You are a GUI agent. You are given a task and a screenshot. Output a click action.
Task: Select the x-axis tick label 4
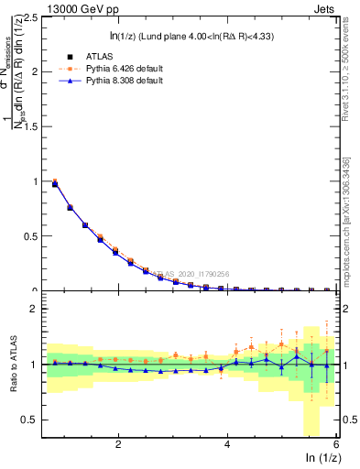coord(227,444)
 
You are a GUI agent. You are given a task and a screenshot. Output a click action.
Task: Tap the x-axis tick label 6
coord(336,444)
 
